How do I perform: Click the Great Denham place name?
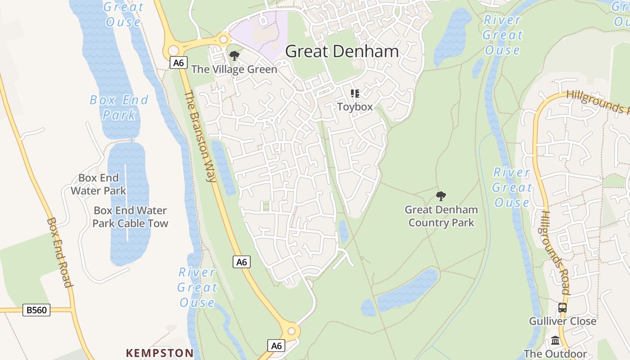342,51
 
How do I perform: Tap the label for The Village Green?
234,69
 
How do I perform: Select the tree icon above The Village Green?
234,56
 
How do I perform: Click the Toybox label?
355,107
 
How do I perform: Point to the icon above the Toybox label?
355,94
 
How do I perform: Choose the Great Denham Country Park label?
441,216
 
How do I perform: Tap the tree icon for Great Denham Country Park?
441,196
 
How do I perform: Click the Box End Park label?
119,107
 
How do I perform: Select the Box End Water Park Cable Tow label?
130,217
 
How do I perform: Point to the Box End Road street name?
59,252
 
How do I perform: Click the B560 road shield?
36,310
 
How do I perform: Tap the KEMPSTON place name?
160,353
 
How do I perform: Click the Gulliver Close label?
562,321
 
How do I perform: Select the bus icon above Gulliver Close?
562,308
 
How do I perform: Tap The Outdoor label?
555,354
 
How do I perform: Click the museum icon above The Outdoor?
555,341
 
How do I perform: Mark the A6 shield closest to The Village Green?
179,63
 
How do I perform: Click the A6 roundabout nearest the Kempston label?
291,331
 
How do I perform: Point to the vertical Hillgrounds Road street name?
556,252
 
